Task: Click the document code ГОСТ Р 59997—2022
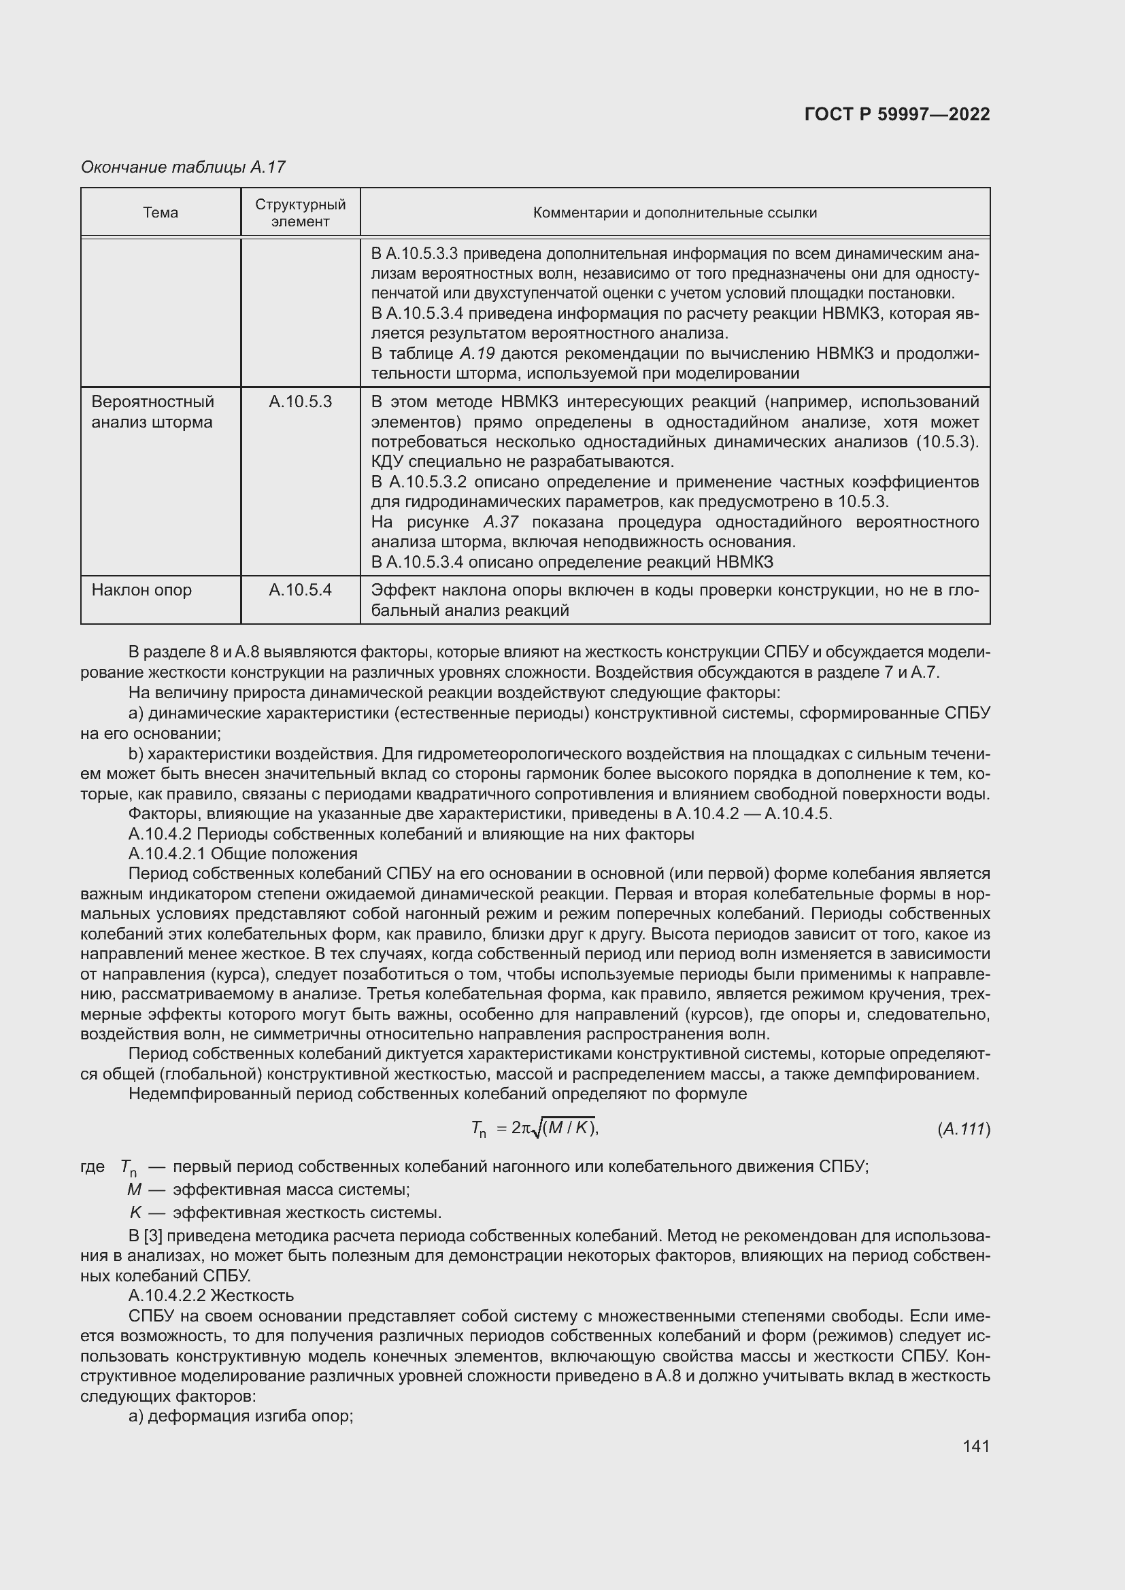coord(897,114)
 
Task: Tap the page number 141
coord(976,1446)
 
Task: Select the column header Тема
coord(161,213)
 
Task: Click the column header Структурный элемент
coord(300,213)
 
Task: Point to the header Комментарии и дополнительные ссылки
coord(675,213)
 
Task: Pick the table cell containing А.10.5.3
coord(300,402)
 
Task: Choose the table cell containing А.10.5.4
coord(300,590)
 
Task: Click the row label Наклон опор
coord(142,590)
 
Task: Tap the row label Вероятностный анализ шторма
coord(152,412)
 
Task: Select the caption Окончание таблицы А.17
coord(183,167)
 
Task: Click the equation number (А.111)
coord(964,1130)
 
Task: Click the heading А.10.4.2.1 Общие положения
coord(243,854)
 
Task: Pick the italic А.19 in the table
coord(477,353)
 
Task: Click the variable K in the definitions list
coord(135,1213)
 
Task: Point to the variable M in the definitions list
coord(135,1190)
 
